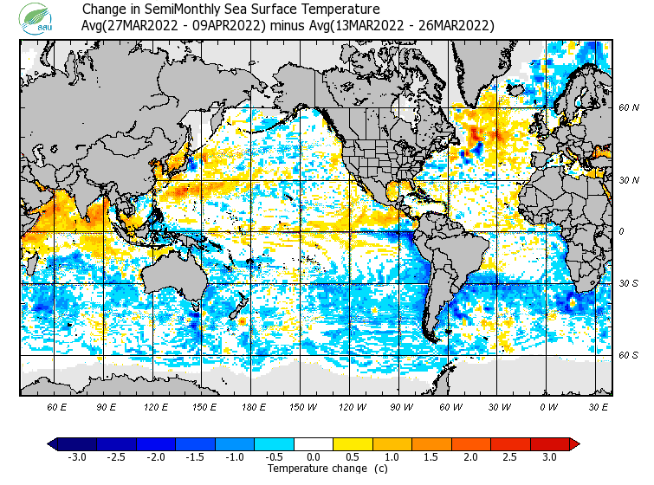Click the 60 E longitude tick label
click(x=57, y=406)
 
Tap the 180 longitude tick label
click(x=254, y=406)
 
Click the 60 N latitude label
click(x=628, y=108)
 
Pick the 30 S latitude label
click(x=628, y=284)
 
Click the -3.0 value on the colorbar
click(x=77, y=456)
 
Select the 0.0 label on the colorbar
click(x=314, y=456)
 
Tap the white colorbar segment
click(x=314, y=444)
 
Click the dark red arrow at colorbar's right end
click(x=573, y=444)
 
